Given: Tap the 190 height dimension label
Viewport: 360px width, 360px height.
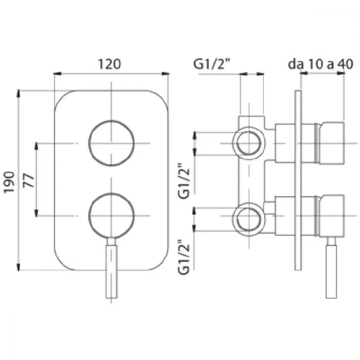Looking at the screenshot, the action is pyautogui.click(x=10, y=182).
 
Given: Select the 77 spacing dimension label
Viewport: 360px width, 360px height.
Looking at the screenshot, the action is pyautogui.click(x=29, y=181).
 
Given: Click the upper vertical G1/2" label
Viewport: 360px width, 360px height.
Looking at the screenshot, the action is pyautogui.click(x=184, y=180).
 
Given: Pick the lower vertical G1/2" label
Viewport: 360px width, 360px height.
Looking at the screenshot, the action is pyautogui.click(x=184, y=257).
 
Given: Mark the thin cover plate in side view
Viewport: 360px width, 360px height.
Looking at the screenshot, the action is pyautogui.click(x=298, y=180).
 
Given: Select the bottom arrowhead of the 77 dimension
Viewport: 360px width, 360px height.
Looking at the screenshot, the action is pyautogui.click(x=36, y=212).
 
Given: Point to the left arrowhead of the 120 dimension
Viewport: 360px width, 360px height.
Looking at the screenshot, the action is pyautogui.click(x=57, y=74).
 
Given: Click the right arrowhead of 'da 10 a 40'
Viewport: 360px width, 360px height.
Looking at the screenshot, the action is pyautogui.click(x=341, y=73).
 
